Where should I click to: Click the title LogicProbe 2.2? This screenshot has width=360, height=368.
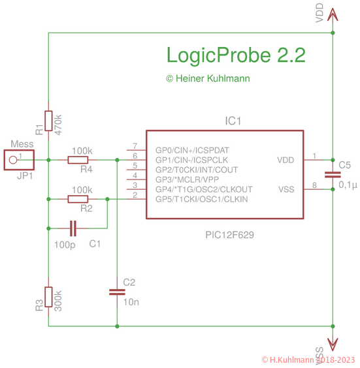(236, 55)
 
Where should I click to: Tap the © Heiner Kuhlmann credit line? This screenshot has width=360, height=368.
(208, 78)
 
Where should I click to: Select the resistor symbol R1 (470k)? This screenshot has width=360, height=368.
(48, 122)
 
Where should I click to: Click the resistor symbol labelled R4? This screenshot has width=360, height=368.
(78, 160)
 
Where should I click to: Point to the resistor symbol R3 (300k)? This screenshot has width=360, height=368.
(48, 298)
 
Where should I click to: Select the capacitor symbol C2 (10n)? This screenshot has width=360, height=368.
(116, 292)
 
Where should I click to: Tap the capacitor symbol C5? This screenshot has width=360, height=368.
(333, 174)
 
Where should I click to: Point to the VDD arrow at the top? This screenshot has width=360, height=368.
(333, 14)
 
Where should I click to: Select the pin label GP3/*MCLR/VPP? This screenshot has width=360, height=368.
(187, 179)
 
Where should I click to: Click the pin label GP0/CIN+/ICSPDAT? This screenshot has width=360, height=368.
(192, 150)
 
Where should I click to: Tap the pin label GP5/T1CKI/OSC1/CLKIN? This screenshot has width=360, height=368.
(202, 199)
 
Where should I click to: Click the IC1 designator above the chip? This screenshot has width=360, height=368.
(233, 121)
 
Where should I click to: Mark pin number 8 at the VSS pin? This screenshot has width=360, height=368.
(314, 186)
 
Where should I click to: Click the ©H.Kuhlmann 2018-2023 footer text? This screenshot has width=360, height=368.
(308, 360)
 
